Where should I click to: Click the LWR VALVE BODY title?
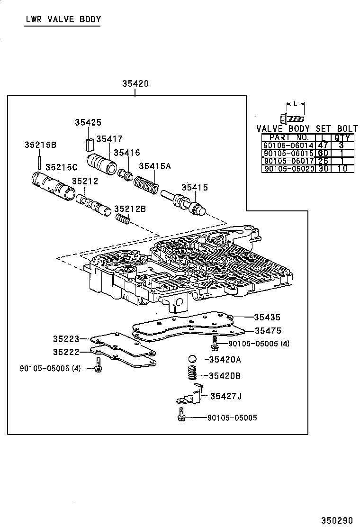[x=62, y=19]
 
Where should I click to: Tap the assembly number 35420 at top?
[x=135, y=84]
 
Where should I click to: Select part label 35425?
[x=88, y=122]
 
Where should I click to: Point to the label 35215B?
[x=40, y=145]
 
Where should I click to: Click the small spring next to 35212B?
[x=123, y=219]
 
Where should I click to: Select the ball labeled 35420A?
[x=192, y=359]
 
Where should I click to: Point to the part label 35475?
[x=268, y=331]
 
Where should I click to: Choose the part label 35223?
[x=65, y=339]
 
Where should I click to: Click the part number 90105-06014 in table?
[x=288, y=146]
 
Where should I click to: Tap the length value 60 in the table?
[x=324, y=154]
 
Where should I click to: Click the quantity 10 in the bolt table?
[x=342, y=169]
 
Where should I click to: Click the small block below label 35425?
[x=89, y=143]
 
